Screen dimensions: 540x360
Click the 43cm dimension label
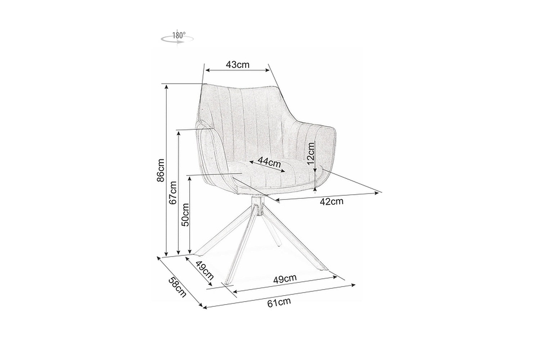238,65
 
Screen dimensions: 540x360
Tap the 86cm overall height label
161,170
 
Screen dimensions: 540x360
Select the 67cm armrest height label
173,193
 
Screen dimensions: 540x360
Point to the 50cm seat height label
185,215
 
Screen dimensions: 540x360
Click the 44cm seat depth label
269,162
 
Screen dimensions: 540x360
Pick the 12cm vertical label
311,153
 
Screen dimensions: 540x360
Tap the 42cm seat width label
332,201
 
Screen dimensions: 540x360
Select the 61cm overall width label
279,302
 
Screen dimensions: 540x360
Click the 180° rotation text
179,35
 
